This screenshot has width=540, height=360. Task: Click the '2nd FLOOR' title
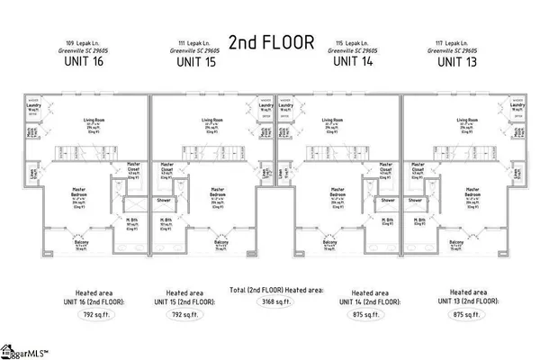click(269, 42)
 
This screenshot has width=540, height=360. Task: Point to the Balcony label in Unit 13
click(457, 242)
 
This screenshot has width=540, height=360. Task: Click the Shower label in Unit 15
click(164, 200)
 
